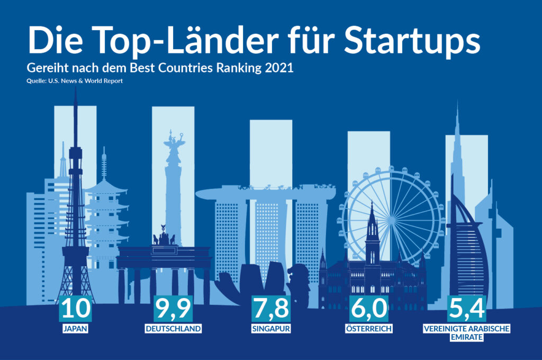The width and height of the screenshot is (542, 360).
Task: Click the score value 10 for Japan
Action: pos(75,308)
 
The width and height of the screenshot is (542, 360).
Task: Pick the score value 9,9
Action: pos(173,308)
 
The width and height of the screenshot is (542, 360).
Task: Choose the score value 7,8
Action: pos(271,308)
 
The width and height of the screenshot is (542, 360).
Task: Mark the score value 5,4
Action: pos(466,308)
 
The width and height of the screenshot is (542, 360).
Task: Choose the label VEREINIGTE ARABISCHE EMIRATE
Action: pos(466,332)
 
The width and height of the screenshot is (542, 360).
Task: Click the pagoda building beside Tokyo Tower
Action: pos(106,217)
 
